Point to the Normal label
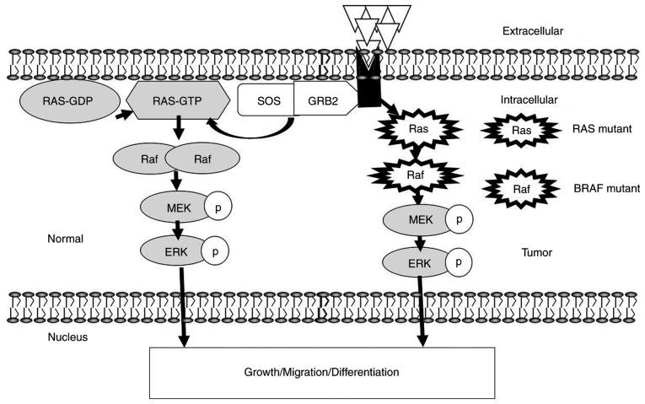(66, 239)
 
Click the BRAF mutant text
(595, 188)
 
